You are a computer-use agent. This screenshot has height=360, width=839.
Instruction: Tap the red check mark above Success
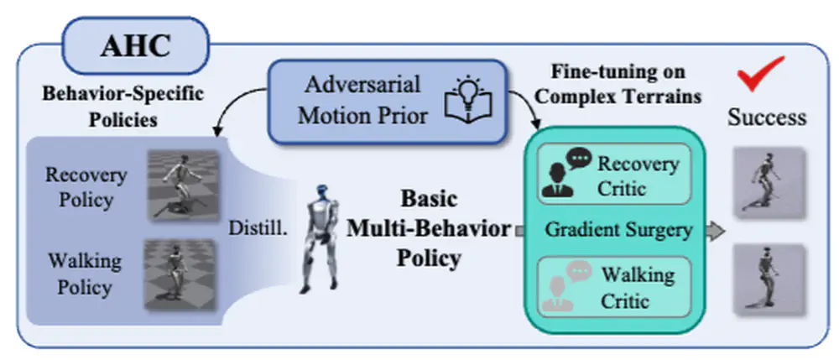tap(760, 75)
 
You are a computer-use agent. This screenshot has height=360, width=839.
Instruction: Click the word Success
tap(766, 117)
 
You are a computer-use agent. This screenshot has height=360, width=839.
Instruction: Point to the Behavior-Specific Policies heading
tap(122, 106)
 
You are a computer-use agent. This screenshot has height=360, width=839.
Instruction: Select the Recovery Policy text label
tap(86, 188)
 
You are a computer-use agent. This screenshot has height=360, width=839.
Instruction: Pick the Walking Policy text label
tap(85, 274)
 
